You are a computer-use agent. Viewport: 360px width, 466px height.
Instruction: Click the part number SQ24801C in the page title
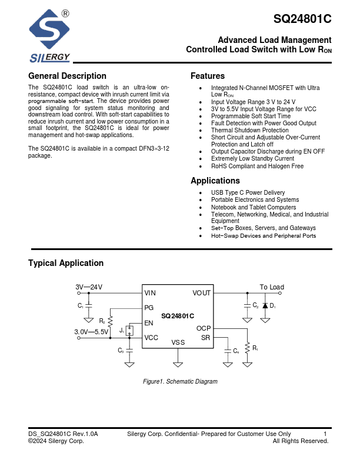pyautogui.click(x=302, y=19)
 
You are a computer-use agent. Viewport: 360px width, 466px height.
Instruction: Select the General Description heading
pyautogui.click(x=67, y=76)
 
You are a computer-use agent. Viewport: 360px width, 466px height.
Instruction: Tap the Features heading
pyautogui.click(x=207, y=76)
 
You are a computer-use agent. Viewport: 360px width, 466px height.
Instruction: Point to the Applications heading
pyautogui.click(x=215, y=181)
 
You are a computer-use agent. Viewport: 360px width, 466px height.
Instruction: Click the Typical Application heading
pyautogui.click(x=66, y=263)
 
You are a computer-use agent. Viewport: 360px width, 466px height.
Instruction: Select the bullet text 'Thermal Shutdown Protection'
pyautogui.click(x=249, y=131)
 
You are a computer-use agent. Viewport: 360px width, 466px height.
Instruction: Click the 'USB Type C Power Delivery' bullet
pyautogui.click(x=248, y=193)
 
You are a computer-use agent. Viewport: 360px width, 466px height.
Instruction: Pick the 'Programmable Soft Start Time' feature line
pyautogui.click(x=251, y=116)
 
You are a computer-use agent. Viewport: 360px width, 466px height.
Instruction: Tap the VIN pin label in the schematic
pyautogui.click(x=150, y=293)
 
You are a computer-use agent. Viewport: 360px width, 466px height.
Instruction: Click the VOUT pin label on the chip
pyautogui.click(x=201, y=293)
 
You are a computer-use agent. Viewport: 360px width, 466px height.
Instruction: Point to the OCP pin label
pyautogui.click(x=203, y=329)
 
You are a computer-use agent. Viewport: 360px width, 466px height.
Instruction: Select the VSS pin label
pyautogui.click(x=178, y=342)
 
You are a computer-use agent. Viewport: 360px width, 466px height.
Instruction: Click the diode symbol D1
pyautogui.click(x=265, y=305)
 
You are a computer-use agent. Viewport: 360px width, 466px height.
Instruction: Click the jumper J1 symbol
pyautogui.click(x=130, y=331)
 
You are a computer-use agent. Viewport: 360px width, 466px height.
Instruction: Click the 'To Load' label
pyautogui.click(x=272, y=287)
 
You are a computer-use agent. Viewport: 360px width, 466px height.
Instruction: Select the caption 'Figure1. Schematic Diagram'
pyautogui.click(x=180, y=382)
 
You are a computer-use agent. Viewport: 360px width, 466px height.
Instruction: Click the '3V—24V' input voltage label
pyautogui.click(x=89, y=287)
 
